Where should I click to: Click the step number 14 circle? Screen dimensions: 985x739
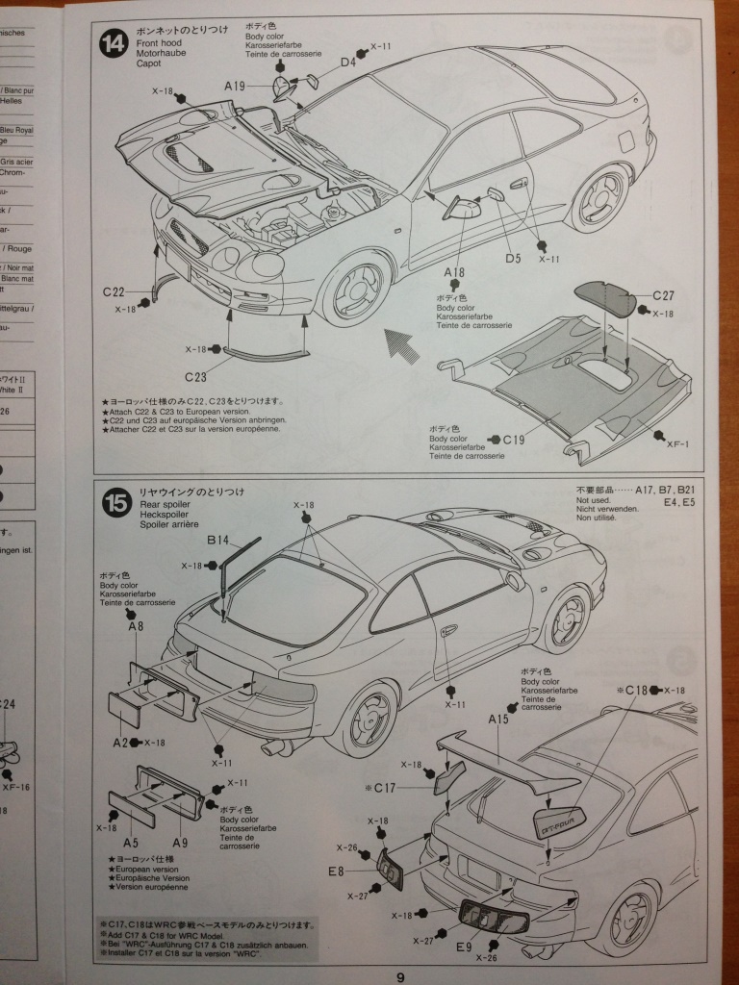point(114,44)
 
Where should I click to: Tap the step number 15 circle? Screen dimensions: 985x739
point(115,502)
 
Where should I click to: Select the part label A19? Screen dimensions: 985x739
point(236,86)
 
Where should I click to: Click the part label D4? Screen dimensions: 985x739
point(347,63)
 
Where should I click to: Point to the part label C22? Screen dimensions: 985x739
point(114,291)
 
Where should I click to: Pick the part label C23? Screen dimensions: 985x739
point(196,376)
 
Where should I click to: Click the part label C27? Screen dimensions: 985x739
point(663,295)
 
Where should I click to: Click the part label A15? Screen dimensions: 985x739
point(498,719)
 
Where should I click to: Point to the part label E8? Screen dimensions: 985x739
point(336,871)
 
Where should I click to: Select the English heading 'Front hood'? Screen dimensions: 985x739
point(161,44)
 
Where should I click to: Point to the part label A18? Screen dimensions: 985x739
point(454,272)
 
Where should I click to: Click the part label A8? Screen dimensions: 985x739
point(136,625)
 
